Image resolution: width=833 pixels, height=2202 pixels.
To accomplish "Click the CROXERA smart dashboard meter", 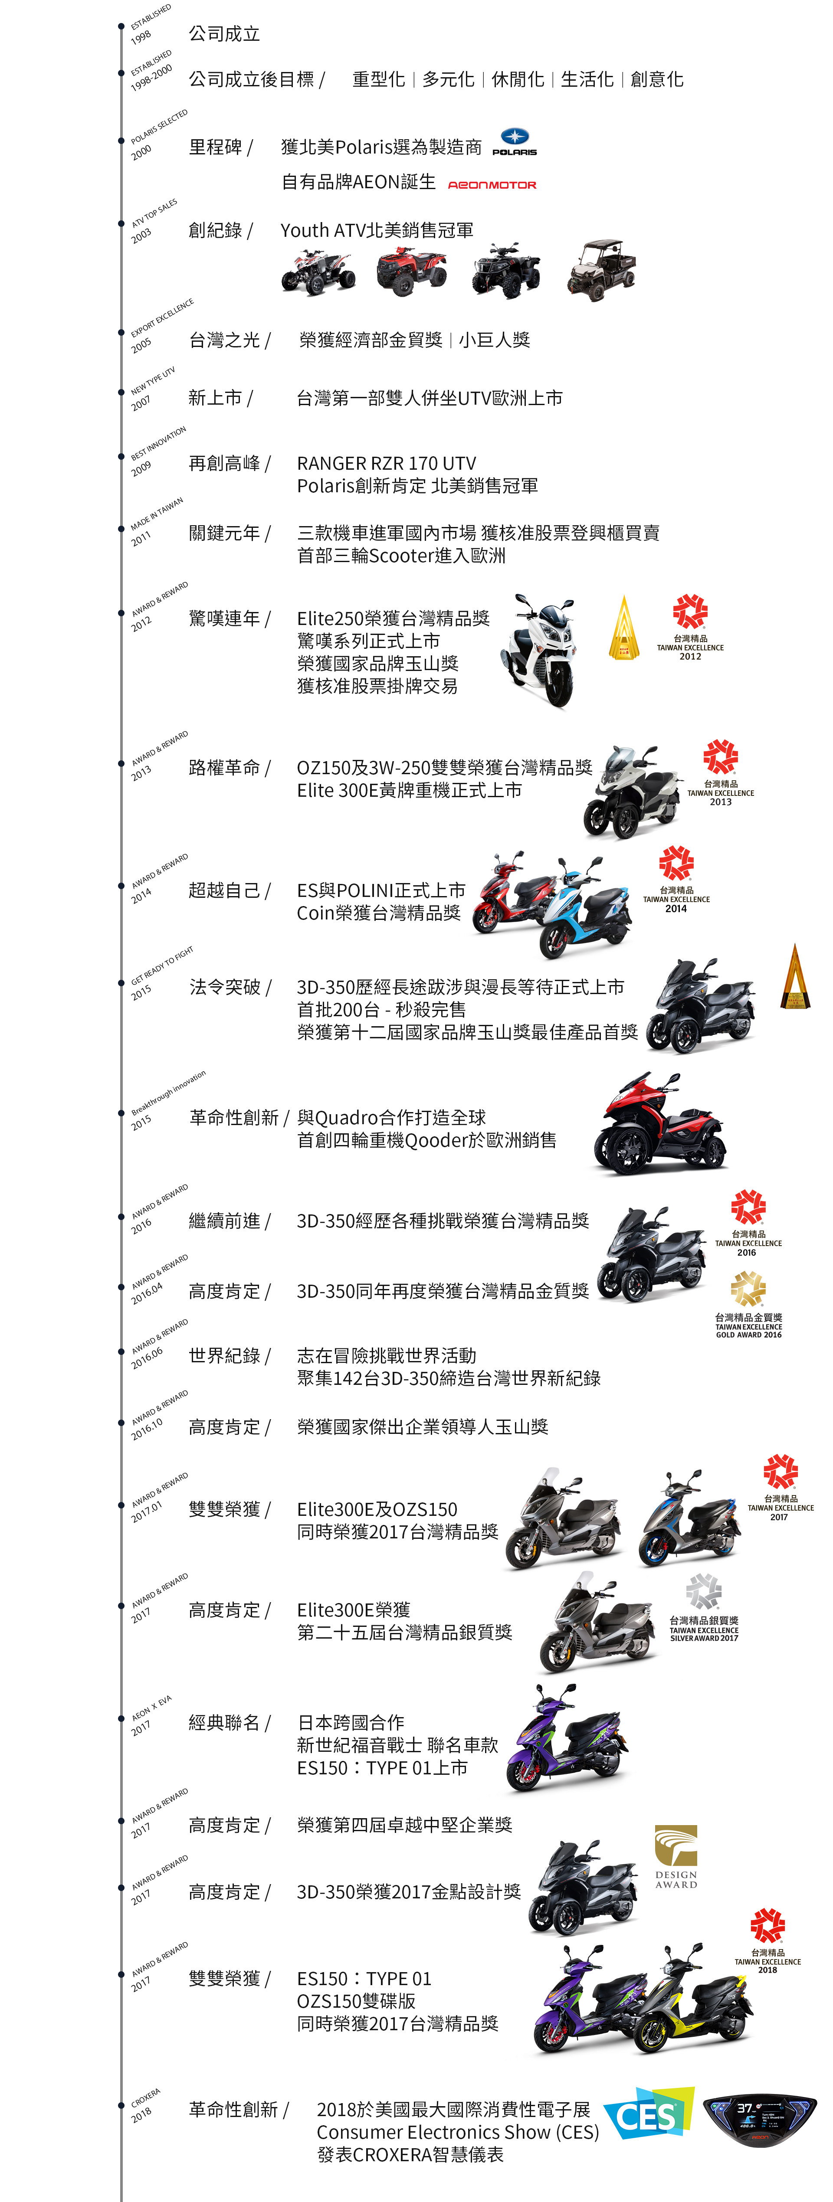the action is click(759, 2120).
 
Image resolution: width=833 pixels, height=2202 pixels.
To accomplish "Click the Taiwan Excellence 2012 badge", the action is click(690, 628).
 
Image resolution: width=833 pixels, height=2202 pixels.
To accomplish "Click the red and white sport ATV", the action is click(317, 272).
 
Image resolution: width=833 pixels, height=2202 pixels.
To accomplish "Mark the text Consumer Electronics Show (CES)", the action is click(458, 2133).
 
